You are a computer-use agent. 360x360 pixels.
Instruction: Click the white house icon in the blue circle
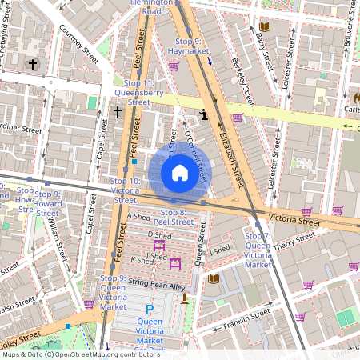180,172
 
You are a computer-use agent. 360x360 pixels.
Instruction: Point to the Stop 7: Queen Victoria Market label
258,250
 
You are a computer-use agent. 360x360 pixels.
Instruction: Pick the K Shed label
142,261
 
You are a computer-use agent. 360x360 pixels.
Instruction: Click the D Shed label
161,235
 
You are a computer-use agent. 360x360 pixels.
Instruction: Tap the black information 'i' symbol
205,114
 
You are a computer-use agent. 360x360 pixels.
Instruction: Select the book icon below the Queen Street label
213,278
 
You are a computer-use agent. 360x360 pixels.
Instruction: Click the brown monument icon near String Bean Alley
186,298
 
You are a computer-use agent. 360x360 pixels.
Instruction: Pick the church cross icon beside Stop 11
118,112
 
